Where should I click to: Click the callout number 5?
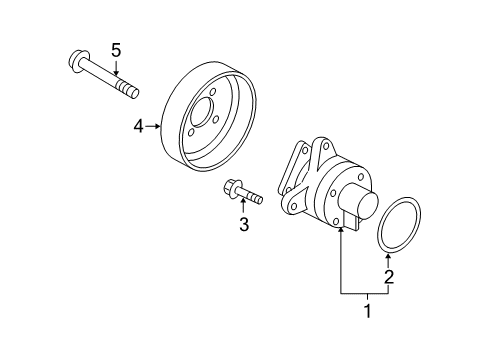click(116, 51)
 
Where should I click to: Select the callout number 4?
click(139, 127)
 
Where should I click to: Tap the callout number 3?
click(244, 224)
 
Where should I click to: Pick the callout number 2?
click(389, 277)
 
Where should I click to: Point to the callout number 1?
click(368, 311)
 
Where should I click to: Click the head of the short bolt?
click(231, 188)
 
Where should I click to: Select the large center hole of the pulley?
click(202, 113)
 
